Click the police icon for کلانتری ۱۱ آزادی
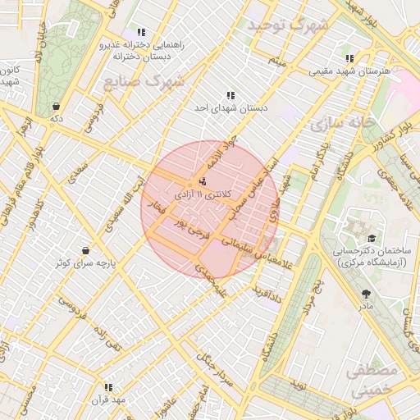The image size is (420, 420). (203, 181)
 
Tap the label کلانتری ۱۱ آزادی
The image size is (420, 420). (204, 194)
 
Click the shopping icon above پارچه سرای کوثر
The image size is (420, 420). (85, 250)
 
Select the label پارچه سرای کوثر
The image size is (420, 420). (85, 263)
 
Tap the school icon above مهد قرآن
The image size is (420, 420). (107, 386)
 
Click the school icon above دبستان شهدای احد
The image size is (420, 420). (229, 94)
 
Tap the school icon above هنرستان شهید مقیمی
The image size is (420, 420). (349, 58)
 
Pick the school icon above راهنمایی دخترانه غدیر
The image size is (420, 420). (141, 32)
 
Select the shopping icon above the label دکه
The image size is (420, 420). (55, 106)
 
